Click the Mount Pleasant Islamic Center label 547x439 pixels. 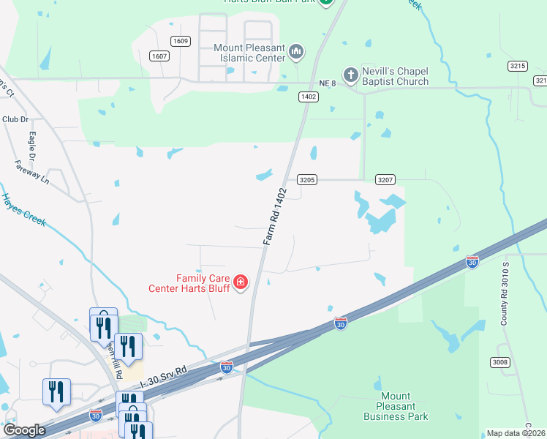coord(249,54)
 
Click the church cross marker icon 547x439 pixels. coord(350,75)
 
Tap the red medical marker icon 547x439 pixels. coord(241,282)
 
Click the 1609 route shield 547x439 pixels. coord(181,42)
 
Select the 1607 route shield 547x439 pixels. coord(159,56)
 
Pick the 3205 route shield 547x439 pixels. coord(307,179)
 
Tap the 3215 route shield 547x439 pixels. coord(518,66)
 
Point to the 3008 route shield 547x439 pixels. coord(499,362)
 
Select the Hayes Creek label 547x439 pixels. coord(23,209)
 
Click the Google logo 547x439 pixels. coord(24,430)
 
